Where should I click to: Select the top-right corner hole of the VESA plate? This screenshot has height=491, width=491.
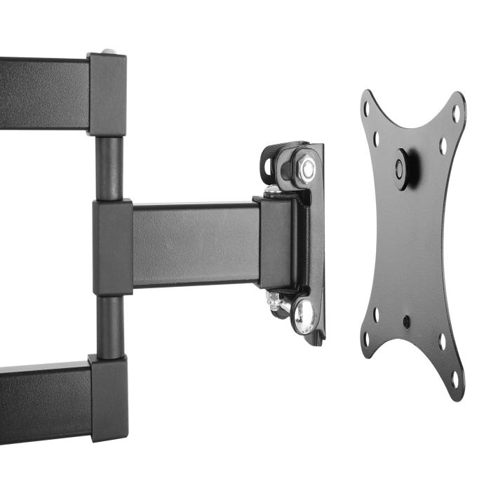point(455,112)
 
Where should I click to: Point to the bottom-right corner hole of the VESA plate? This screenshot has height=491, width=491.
point(455,378)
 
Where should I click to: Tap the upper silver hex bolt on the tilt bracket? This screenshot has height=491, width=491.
point(307,168)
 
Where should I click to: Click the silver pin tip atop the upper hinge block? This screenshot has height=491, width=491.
point(109,51)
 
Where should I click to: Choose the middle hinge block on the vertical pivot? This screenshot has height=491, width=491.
point(112,248)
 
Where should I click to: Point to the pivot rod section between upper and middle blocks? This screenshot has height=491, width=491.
point(109,168)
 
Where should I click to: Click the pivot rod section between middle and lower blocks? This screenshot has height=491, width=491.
point(109,326)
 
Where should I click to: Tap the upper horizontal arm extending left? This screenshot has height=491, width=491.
point(42,93)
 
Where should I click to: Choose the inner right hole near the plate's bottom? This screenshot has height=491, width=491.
point(442,342)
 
